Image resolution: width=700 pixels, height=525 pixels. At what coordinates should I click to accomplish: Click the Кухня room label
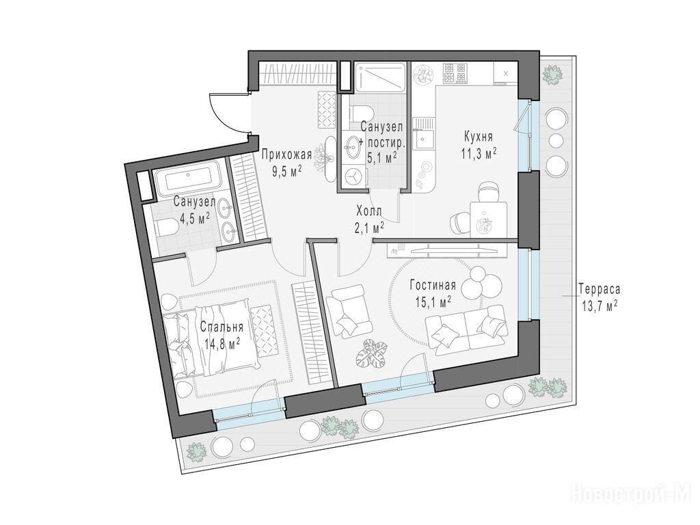tap(478, 136)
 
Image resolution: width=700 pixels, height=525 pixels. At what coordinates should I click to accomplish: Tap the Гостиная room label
tap(433, 286)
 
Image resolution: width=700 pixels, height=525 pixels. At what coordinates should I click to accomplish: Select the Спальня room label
tap(221, 327)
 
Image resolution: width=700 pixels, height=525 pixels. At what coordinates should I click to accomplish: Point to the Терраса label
tap(599, 289)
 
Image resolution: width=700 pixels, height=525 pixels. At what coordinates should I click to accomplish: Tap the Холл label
tap(368, 211)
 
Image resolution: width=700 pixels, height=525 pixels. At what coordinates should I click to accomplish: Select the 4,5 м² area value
tap(195, 219)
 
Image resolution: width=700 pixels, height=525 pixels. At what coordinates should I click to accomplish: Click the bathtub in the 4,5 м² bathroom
tap(187, 180)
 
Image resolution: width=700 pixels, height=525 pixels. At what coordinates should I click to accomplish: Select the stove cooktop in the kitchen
tap(455, 74)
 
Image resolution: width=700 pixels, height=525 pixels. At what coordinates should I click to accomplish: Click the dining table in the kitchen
tap(488, 220)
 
